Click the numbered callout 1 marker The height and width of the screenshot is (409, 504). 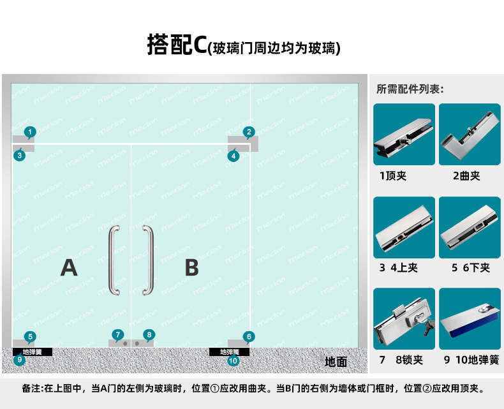coord(29,132)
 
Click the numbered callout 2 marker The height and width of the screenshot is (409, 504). coord(249,132)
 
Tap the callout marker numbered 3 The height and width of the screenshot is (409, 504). coord(20,154)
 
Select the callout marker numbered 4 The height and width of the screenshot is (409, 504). coord(233,155)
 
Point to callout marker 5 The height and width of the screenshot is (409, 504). coord(29,336)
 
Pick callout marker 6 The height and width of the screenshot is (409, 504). coord(249,336)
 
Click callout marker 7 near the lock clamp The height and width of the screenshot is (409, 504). coord(117,334)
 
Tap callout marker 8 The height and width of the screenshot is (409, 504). coord(149,334)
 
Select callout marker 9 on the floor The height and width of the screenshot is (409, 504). coord(20,360)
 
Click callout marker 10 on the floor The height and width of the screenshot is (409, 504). coord(233,361)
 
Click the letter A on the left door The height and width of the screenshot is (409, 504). coord(69,267)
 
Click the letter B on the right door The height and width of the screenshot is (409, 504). coord(191,267)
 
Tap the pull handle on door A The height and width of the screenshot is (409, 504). coord(114,260)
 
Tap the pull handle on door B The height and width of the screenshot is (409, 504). coord(148,260)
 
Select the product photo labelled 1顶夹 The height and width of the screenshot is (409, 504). coord(404,135)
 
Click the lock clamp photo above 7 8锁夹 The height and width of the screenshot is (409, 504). coord(404,318)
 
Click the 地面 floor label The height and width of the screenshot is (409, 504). coord(336,362)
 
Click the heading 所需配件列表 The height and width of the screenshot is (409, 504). coord(410,89)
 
